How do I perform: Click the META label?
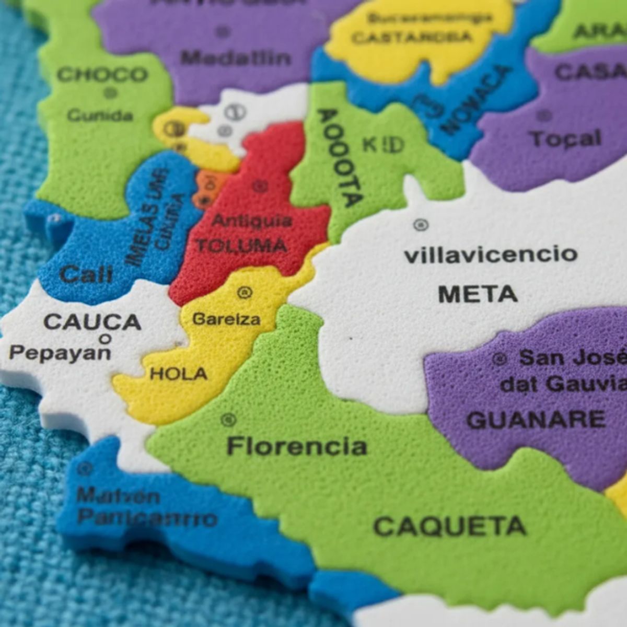tap(478, 294)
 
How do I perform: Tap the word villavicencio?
tap(491, 255)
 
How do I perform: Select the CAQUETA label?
tap(449, 527)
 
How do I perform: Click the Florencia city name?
tap(297, 447)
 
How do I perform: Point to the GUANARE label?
tap(536, 420)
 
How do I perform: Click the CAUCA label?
tap(92, 322)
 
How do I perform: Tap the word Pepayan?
tap(60, 353)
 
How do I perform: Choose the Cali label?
tap(86, 274)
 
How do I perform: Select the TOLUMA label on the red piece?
tap(241, 246)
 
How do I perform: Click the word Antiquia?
tap(251, 222)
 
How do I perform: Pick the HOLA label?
tap(179, 374)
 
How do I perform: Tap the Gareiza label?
tap(226, 319)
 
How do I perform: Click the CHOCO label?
tap(102, 75)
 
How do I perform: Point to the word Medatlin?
tap(236, 57)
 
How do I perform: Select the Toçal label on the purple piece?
tap(565, 139)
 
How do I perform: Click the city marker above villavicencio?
tap(421, 225)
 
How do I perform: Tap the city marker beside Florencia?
tap(228, 419)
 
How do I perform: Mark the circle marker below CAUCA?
tap(105, 339)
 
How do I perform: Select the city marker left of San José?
tap(500, 359)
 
